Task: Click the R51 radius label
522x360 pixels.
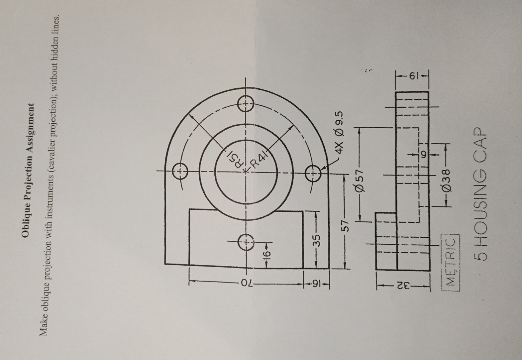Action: click(233, 160)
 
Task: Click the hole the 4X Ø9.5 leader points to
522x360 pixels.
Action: click(313, 173)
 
